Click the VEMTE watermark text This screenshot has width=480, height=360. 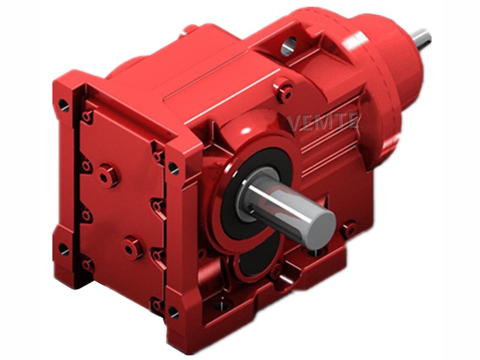click(323, 121)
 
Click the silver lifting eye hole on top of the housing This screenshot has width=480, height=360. click(289, 46)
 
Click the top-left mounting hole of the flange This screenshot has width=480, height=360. click(64, 105)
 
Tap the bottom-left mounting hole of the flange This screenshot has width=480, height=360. click(64, 249)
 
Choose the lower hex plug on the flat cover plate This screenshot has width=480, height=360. click(132, 248)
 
